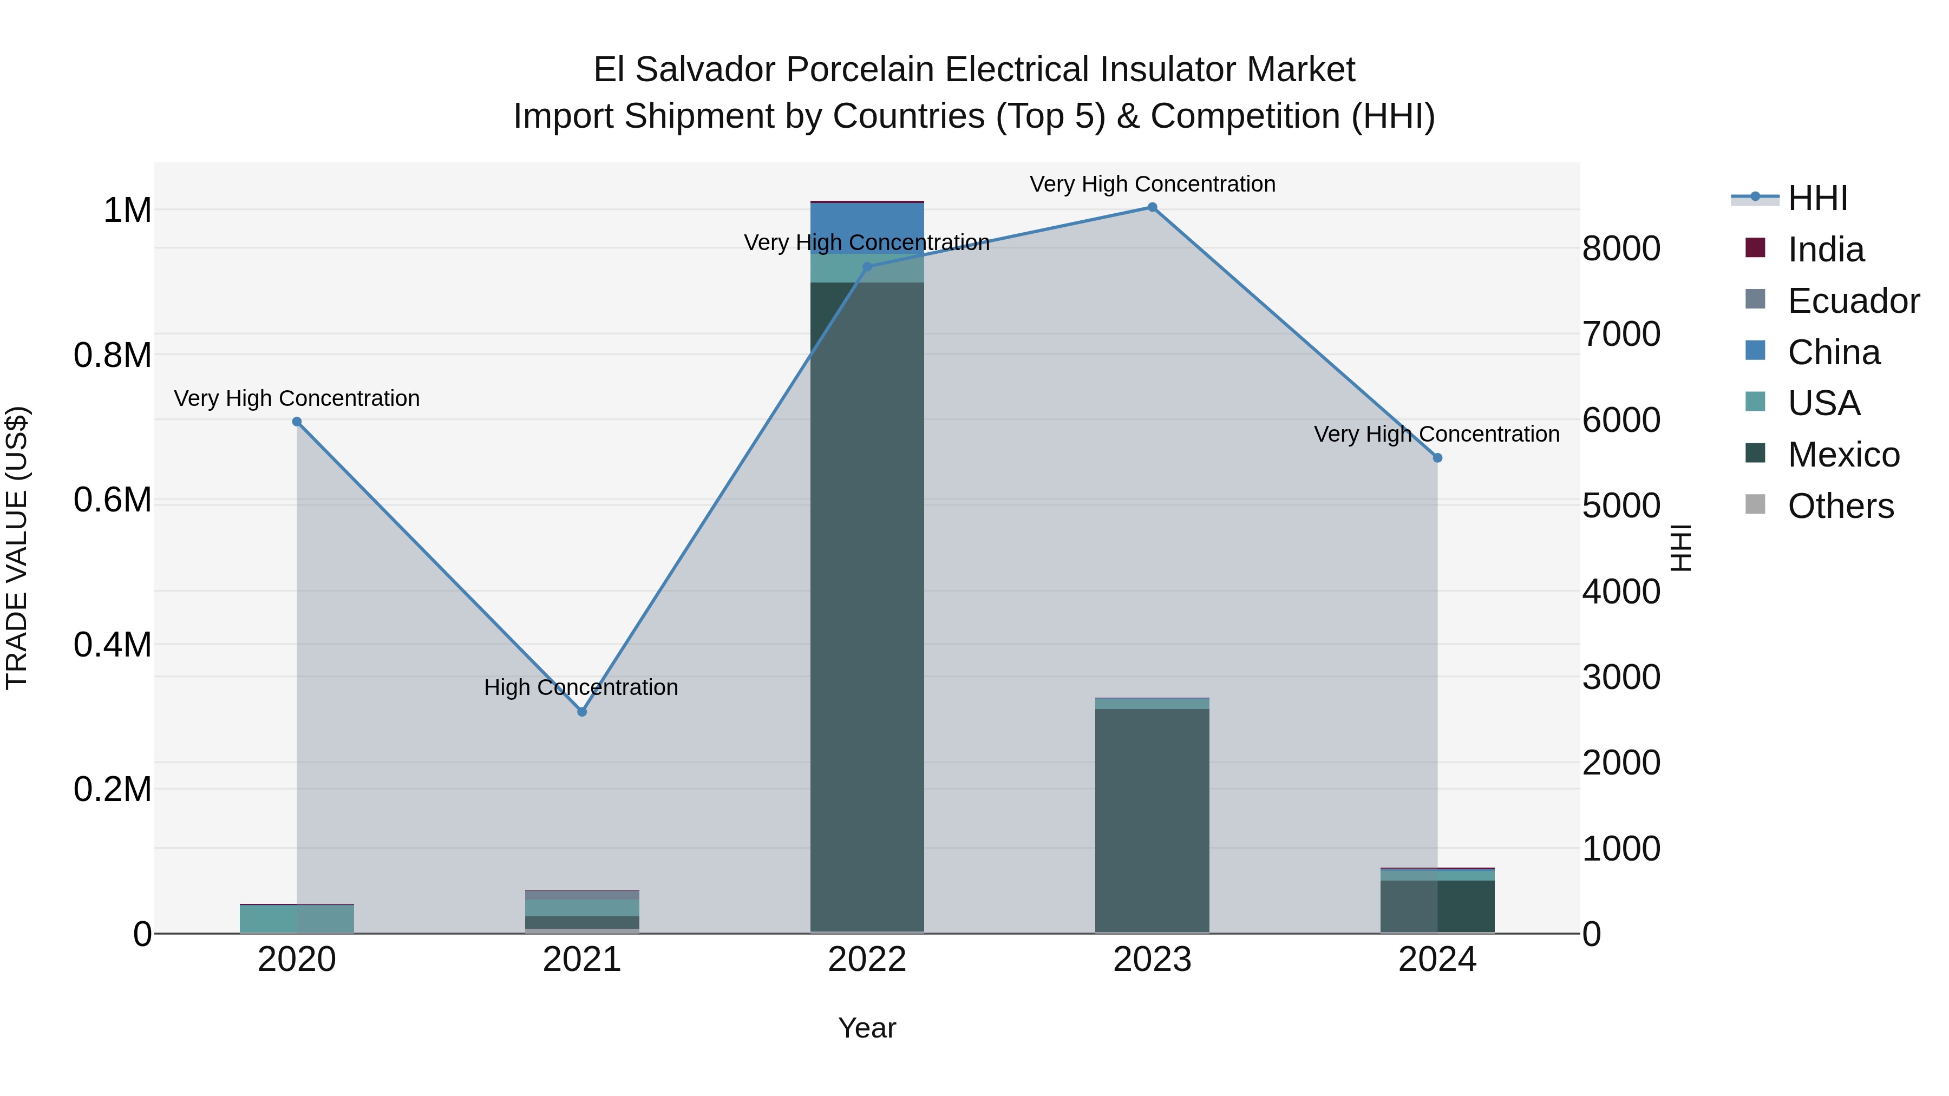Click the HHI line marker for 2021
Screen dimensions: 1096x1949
pos(582,712)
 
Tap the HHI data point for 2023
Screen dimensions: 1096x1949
pos(1152,207)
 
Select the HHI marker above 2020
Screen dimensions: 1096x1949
pos(297,422)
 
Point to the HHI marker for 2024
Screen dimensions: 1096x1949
pos(1437,457)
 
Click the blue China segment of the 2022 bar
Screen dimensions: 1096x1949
pos(867,227)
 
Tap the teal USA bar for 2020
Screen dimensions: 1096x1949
pos(297,918)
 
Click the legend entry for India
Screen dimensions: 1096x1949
pos(1825,250)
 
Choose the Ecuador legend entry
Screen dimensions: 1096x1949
pos(1852,301)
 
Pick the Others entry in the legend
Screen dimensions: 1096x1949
pos(1840,506)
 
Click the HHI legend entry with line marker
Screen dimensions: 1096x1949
pos(1816,198)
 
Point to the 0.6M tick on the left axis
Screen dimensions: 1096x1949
pos(112,500)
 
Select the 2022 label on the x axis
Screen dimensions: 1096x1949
pos(867,960)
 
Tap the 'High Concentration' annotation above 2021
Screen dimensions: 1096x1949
pos(581,687)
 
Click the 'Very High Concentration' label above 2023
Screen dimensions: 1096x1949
pos(1152,184)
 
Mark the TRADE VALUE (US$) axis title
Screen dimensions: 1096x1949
pos(17,548)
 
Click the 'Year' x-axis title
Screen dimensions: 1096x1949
pos(867,1028)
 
